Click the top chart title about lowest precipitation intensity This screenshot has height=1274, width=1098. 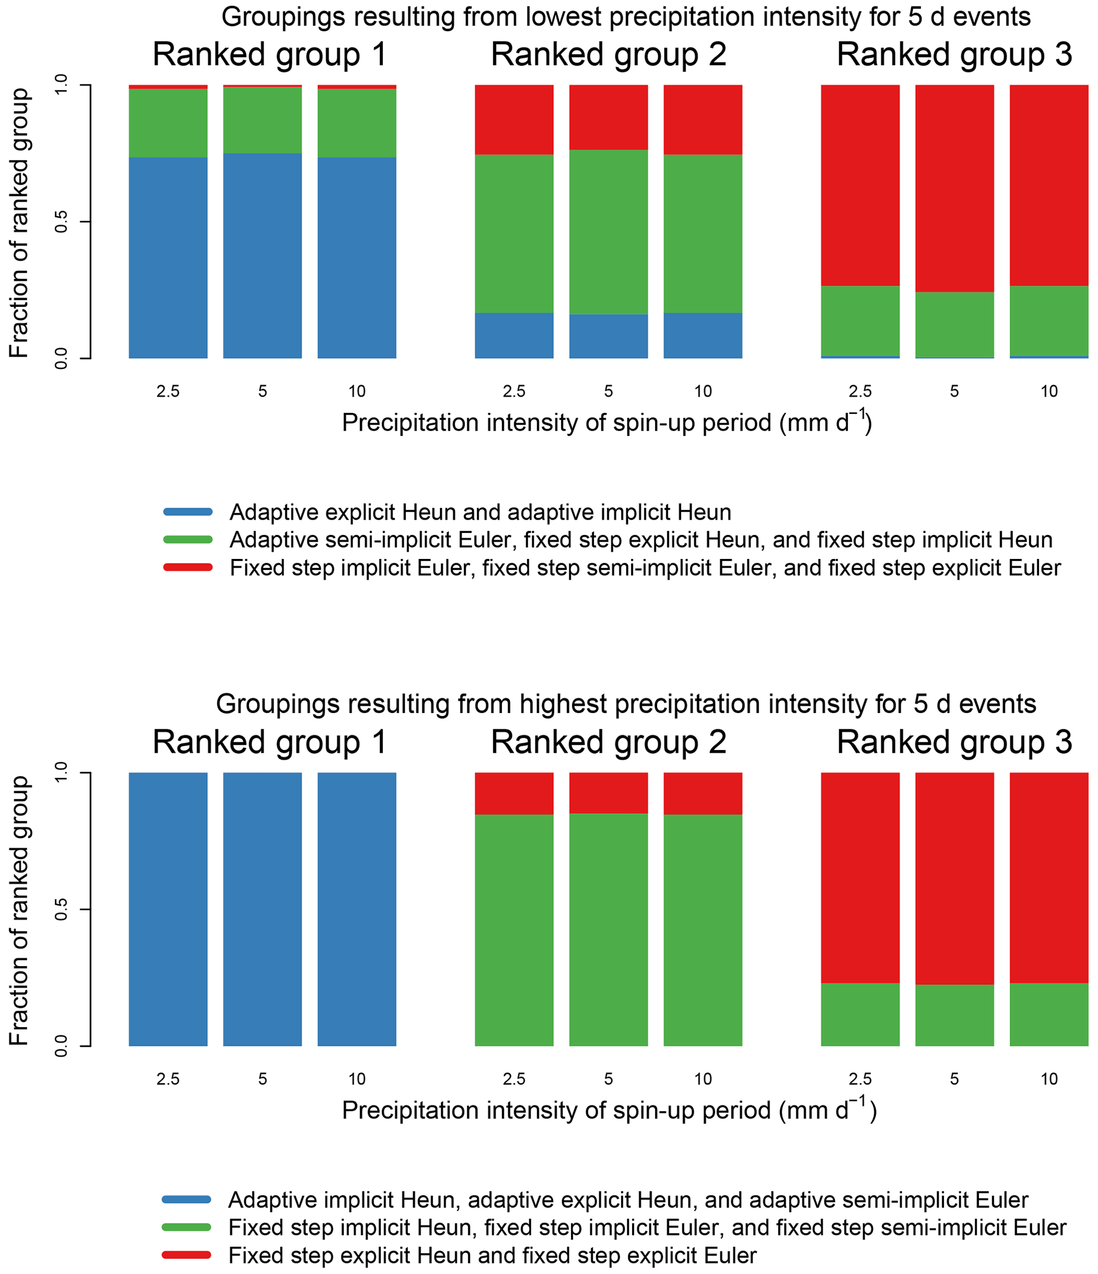coord(626,17)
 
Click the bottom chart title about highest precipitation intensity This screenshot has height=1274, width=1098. coord(626,704)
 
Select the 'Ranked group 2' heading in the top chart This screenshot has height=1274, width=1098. coord(608,55)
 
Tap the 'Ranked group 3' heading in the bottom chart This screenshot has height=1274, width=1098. coord(954,742)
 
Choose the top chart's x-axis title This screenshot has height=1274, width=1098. coord(607,423)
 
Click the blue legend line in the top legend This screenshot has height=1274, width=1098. coord(188,512)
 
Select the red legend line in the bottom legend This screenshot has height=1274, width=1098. coord(186,1254)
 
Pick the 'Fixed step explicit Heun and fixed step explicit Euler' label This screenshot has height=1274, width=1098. coord(492,1255)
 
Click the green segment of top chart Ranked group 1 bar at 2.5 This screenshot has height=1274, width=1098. coord(168,123)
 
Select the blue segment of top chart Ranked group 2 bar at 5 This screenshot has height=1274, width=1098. coord(608,337)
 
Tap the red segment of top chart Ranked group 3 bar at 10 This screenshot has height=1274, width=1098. coord(1049,184)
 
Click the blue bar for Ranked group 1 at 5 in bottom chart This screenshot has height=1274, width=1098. coord(262,910)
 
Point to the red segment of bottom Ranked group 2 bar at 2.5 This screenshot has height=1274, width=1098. coord(514,793)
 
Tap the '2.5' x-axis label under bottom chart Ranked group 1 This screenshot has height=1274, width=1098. coord(168,1079)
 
